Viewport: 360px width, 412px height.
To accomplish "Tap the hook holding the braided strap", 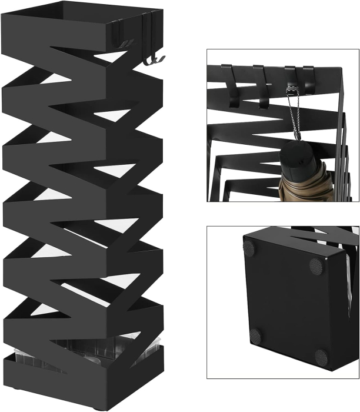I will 290,79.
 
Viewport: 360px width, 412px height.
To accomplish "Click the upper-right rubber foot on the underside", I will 316,266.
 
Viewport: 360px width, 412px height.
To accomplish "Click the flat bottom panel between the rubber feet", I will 285,300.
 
